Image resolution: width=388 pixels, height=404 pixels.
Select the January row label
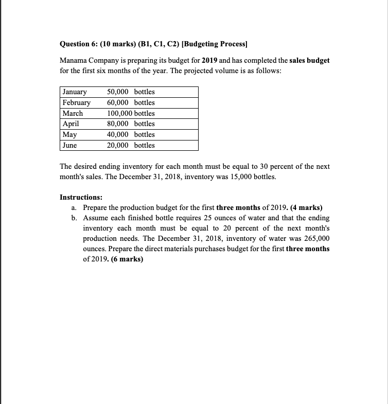click(75, 92)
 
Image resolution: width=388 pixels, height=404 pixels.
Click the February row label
click(76, 102)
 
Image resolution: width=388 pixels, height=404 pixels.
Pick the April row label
click(71, 124)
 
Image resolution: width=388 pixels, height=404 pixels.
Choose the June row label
click(70, 145)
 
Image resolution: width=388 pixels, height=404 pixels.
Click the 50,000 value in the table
click(118, 92)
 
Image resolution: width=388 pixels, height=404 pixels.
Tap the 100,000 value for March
click(119, 113)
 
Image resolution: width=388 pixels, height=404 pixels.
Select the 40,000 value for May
click(118, 134)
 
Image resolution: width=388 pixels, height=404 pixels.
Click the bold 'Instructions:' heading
click(81, 197)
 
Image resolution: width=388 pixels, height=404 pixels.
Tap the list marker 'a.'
click(74, 208)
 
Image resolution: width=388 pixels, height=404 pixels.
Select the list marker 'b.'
click(75, 218)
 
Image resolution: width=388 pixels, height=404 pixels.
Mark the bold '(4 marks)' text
click(306, 208)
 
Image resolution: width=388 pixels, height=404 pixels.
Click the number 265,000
click(316, 239)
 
